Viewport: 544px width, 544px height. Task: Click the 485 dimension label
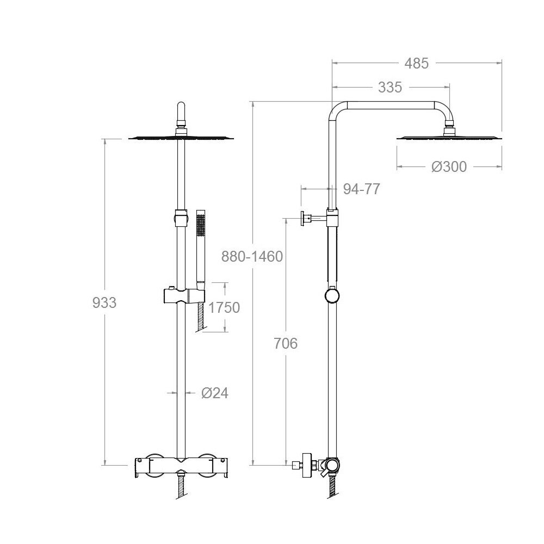point(416,64)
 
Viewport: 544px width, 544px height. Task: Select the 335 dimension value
point(390,88)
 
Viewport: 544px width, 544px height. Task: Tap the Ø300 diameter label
point(449,167)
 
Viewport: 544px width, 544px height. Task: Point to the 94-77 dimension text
point(362,189)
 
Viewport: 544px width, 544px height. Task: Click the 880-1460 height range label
point(252,257)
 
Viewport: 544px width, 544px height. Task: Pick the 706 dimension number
point(286,343)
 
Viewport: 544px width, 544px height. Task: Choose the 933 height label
point(104,303)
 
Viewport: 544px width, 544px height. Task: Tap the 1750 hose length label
point(224,308)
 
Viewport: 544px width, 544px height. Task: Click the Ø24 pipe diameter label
point(215,393)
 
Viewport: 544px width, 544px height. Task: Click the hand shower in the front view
point(201,250)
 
